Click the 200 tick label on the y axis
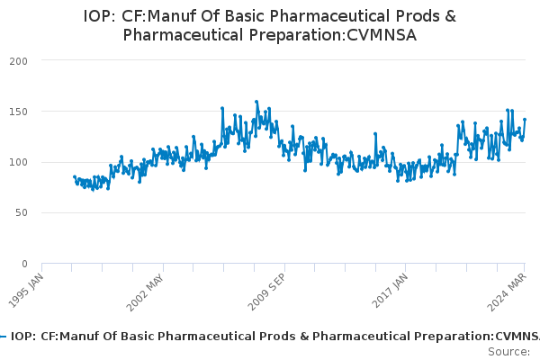(18, 61)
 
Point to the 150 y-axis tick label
(18, 112)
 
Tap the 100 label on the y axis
(18, 162)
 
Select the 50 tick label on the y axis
(22, 213)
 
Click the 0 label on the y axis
(24, 264)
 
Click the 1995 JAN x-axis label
(26, 291)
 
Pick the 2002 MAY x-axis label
(145, 293)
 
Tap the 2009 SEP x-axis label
(266, 292)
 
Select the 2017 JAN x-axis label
(390, 291)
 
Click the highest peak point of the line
(256, 102)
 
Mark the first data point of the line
(75, 176)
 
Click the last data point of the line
(525, 120)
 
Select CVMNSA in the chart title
(382, 35)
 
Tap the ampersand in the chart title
(451, 16)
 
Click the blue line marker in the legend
(3, 337)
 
